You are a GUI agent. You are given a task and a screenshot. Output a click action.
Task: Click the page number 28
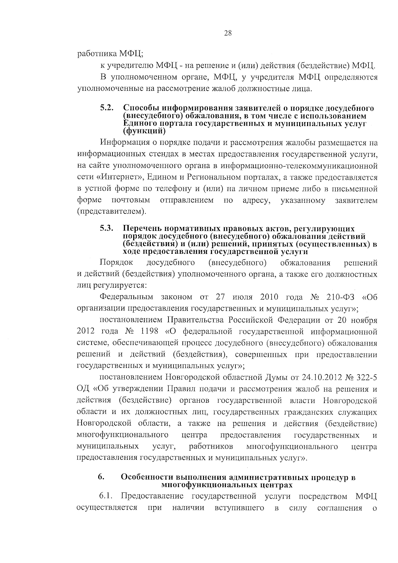(x=228, y=33)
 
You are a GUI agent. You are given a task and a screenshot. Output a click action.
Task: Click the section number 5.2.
(x=107, y=108)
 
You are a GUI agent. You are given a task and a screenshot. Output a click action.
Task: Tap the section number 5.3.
(x=107, y=228)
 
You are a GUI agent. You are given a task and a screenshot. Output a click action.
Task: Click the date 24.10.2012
(x=321, y=378)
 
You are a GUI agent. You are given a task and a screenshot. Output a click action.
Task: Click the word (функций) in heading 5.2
(x=144, y=131)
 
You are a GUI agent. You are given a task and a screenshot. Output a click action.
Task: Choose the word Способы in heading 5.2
(x=139, y=108)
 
